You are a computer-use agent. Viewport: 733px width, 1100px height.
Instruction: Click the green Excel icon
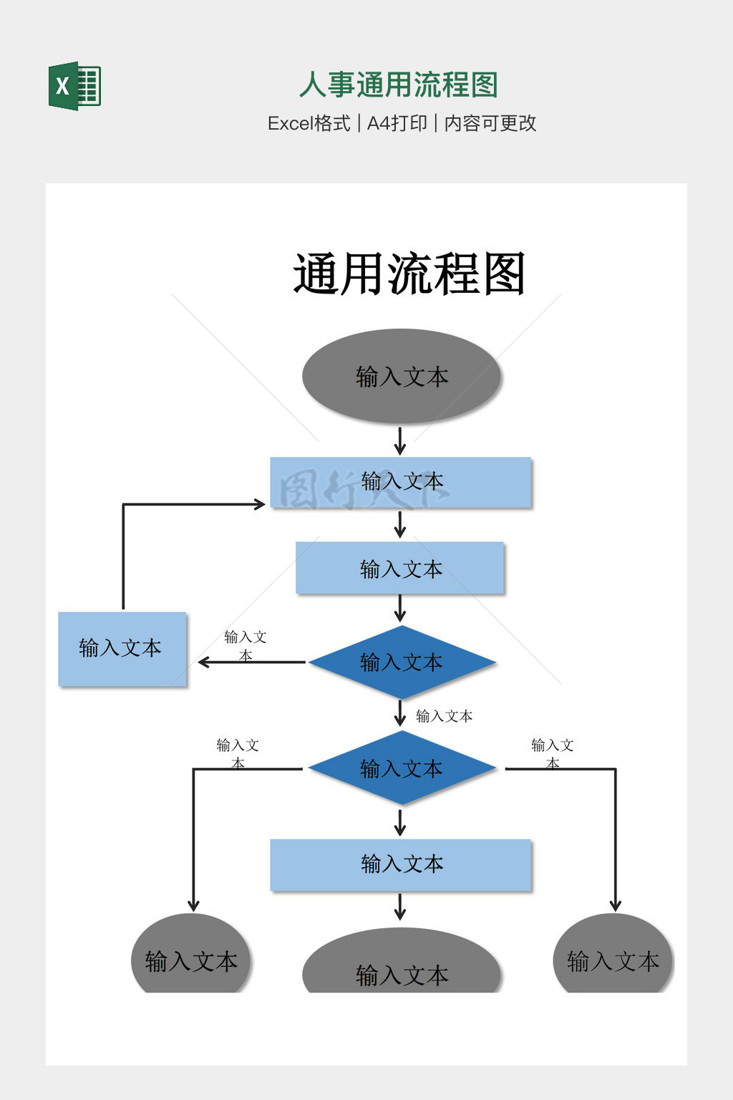pyautogui.click(x=74, y=86)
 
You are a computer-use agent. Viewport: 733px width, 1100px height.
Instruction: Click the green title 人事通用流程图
pyautogui.click(x=398, y=85)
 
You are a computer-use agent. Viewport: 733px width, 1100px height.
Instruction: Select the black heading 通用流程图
pyautogui.click(x=409, y=274)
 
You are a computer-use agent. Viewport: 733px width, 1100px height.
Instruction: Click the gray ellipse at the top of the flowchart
pyautogui.click(x=401, y=376)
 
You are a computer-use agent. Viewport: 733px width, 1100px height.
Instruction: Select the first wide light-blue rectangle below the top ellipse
pyautogui.click(x=401, y=482)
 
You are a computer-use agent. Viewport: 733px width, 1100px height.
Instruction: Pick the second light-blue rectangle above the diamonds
pyautogui.click(x=400, y=569)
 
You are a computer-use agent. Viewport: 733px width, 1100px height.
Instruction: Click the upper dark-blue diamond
pyautogui.click(x=402, y=662)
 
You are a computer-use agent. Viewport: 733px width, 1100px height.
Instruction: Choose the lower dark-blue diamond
pyautogui.click(x=402, y=768)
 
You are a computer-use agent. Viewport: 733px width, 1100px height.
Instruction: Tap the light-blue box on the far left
pyautogui.click(x=122, y=649)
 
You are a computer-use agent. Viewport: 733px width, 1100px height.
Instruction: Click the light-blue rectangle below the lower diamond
pyautogui.click(x=401, y=864)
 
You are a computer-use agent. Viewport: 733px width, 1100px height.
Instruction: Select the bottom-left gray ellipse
pyautogui.click(x=190, y=956)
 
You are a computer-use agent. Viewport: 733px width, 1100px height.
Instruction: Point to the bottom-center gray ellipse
pyautogui.click(x=401, y=963)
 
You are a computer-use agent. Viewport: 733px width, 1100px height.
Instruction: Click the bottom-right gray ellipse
pyautogui.click(x=613, y=956)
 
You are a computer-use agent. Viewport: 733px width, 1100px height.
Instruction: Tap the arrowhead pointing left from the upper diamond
pyautogui.click(x=203, y=662)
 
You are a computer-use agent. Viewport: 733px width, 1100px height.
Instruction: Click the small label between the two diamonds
pyautogui.click(x=444, y=716)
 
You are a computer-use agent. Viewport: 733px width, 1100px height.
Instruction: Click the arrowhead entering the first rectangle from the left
pyautogui.click(x=261, y=504)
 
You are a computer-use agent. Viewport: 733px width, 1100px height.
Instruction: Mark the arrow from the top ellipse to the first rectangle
pyautogui.click(x=400, y=440)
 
